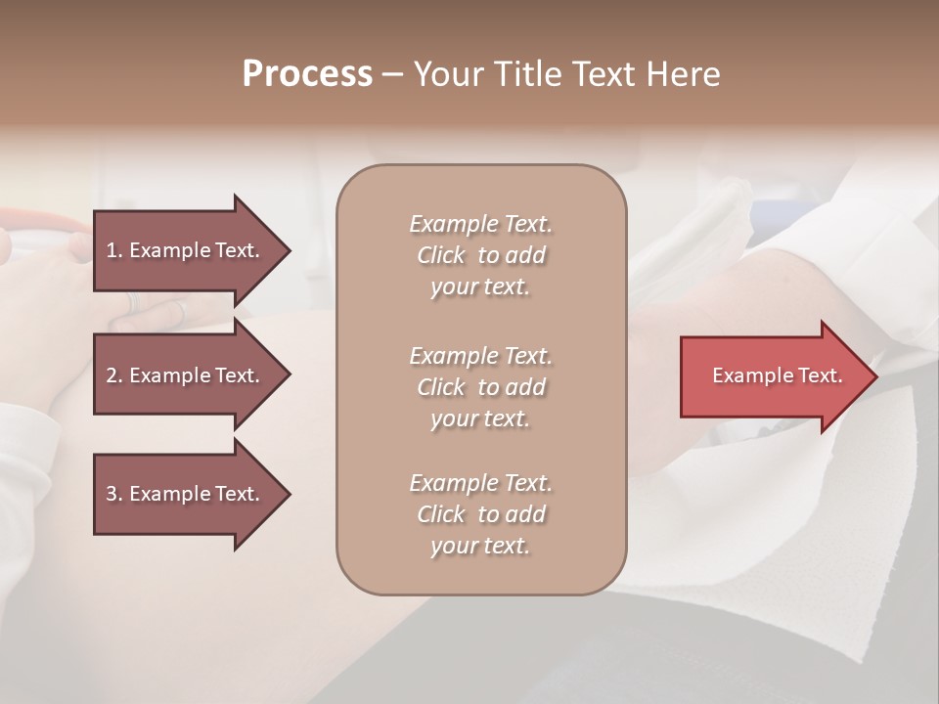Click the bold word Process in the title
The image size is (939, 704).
[x=307, y=74]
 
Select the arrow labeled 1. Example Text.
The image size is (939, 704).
[x=186, y=250]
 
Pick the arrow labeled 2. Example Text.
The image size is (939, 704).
[x=186, y=375]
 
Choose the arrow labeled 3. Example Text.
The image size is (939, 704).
[x=186, y=494]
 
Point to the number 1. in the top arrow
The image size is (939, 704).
[x=114, y=250]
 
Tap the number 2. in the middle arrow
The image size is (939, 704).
[x=114, y=375]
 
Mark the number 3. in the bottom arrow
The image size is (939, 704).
[x=114, y=494]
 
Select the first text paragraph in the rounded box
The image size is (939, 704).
[x=480, y=255]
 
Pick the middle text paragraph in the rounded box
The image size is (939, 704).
[x=480, y=387]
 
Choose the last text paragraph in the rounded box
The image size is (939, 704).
[x=480, y=514]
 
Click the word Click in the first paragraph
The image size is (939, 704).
[x=441, y=255]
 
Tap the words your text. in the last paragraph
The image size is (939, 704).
[x=480, y=547]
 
